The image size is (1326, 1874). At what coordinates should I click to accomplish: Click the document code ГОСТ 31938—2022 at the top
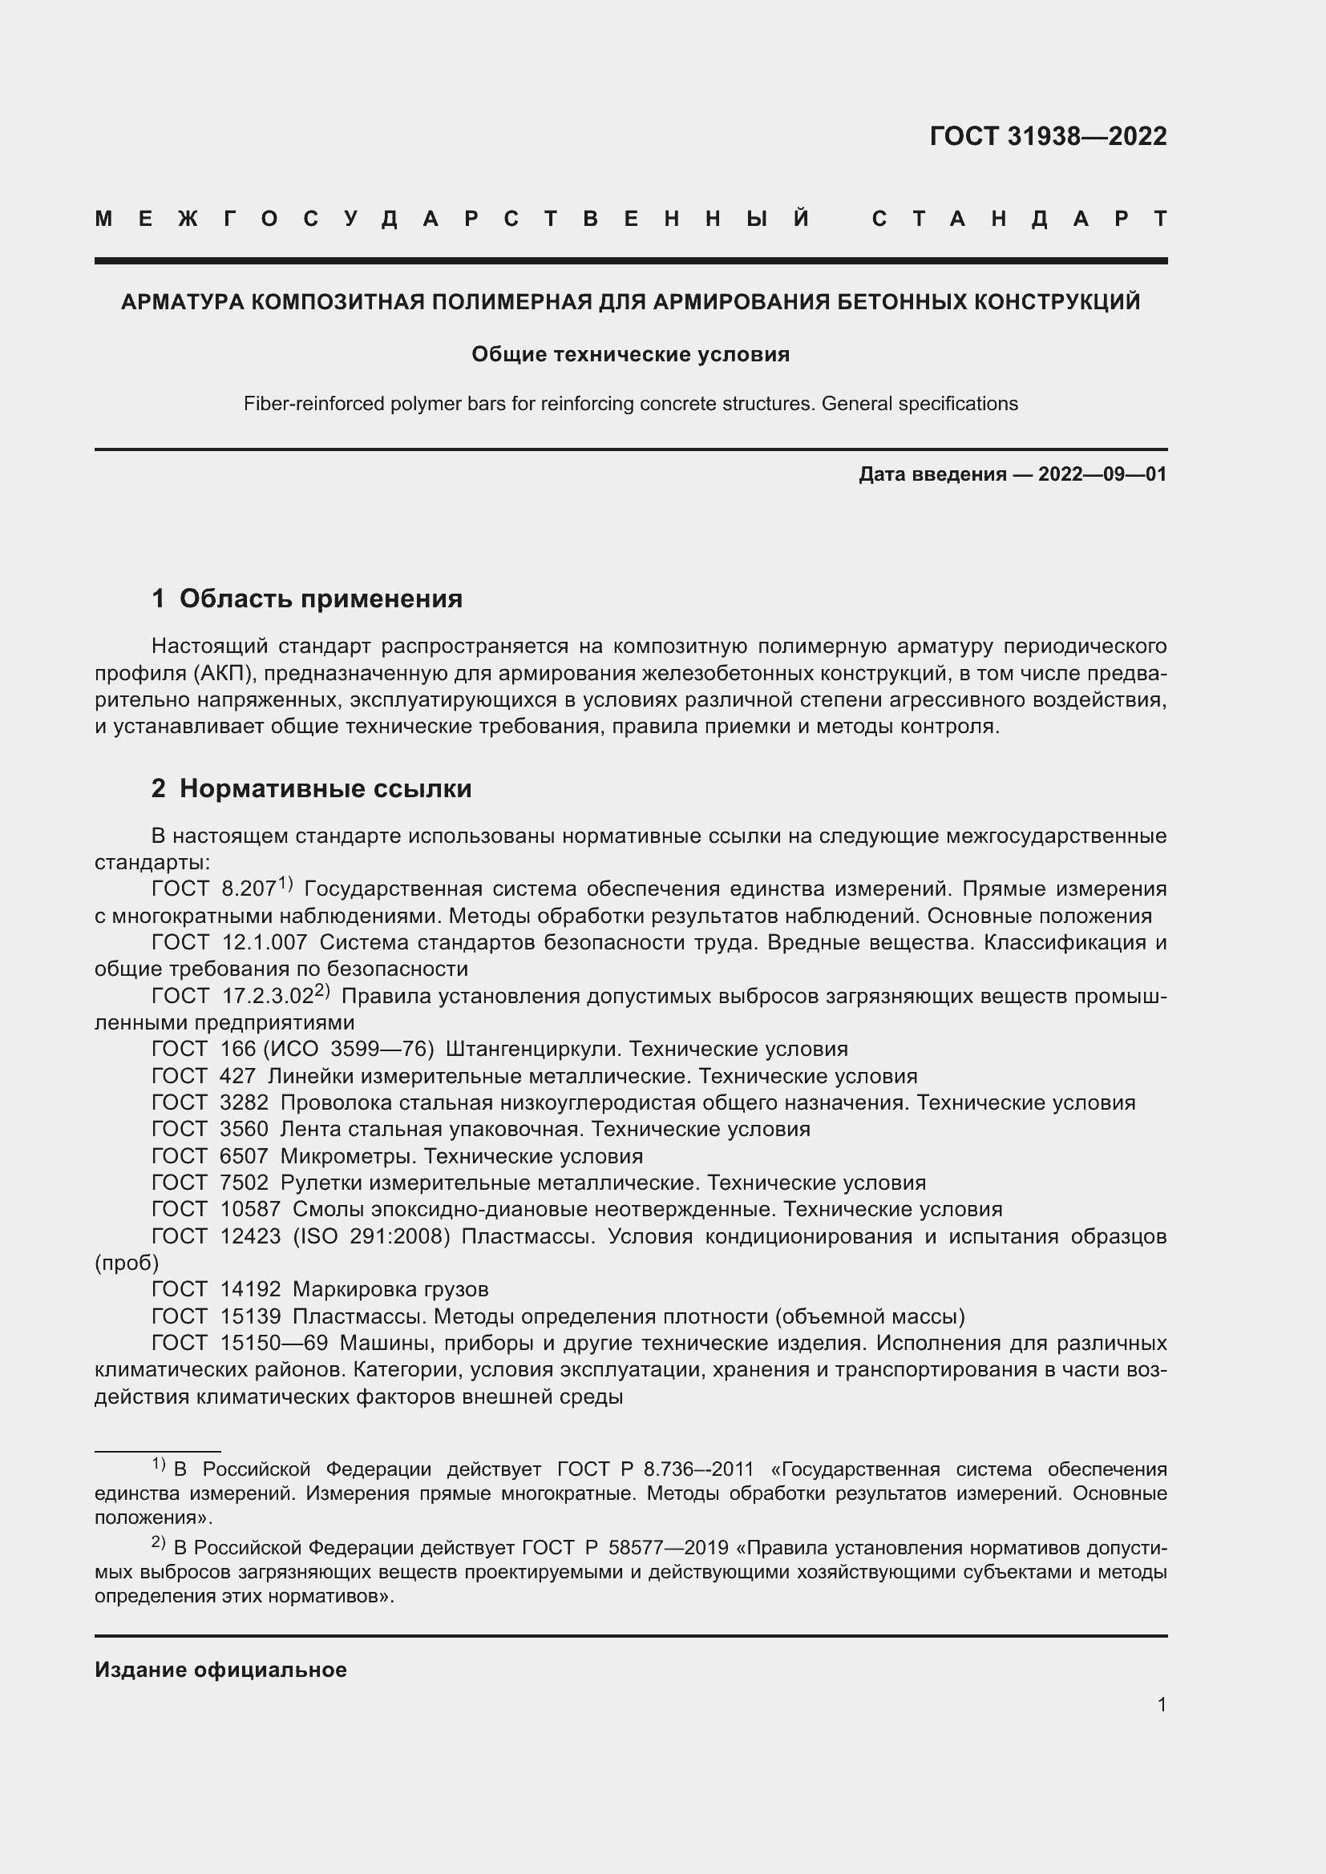(x=1048, y=136)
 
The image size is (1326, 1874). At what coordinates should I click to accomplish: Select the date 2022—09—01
(x=1102, y=474)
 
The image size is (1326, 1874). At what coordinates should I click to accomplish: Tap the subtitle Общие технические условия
(x=630, y=354)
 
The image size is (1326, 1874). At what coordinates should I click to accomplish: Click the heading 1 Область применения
(x=307, y=598)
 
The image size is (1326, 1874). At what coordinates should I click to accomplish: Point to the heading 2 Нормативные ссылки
(x=311, y=788)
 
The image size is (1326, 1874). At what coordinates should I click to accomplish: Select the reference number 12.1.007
(x=265, y=942)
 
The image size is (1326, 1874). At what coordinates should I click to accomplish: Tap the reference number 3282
(x=245, y=1102)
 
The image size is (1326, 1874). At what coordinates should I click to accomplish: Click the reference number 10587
(x=251, y=1209)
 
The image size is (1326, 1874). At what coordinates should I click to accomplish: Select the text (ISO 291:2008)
(x=371, y=1235)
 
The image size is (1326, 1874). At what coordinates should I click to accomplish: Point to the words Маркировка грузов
(x=390, y=1289)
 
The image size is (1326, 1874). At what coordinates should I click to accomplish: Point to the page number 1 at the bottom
(x=1161, y=1704)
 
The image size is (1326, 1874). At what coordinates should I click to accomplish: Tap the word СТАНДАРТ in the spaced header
(x=1019, y=219)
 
